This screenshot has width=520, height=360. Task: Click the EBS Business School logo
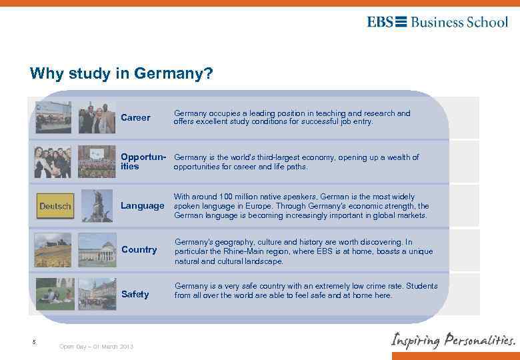[x=437, y=22]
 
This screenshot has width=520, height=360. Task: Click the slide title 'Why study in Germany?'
[x=121, y=73]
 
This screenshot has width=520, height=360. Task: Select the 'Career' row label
[x=135, y=118]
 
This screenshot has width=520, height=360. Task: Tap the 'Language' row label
[x=142, y=206]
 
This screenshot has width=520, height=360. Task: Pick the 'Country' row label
[x=139, y=249]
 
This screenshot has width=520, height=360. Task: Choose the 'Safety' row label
[x=135, y=294]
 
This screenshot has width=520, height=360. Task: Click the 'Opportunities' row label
[x=142, y=162]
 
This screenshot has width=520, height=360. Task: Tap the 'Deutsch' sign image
[x=55, y=206]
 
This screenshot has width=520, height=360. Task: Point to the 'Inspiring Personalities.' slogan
[x=453, y=340]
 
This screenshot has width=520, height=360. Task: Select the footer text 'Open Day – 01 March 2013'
[x=96, y=346]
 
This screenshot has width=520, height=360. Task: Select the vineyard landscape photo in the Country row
[x=54, y=249]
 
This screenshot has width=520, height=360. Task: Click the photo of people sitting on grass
[x=54, y=294]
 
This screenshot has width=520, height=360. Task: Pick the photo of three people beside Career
[x=97, y=118]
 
